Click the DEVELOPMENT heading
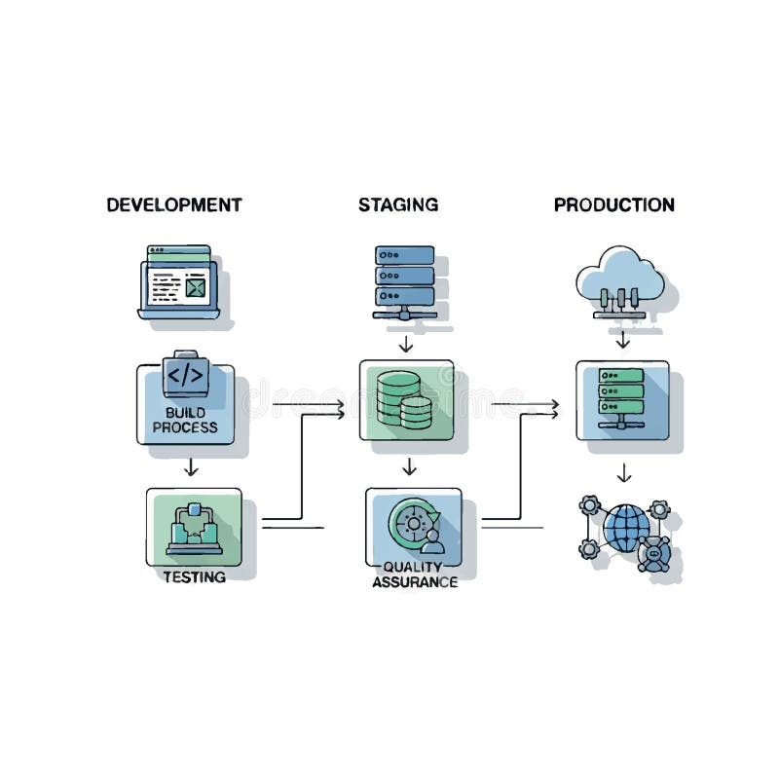point(174,204)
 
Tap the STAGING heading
point(397,204)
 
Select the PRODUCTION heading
point(613,204)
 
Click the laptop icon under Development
point(180,282)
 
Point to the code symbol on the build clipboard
point(185,374)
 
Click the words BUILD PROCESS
point(185,420)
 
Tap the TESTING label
point(194,576)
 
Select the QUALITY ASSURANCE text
point(415,575)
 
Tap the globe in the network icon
point(625,529)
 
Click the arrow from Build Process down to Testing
point(192,466)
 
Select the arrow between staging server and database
point(406,343)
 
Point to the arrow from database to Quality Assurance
point(409,466)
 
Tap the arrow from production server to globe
point(624,472)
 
